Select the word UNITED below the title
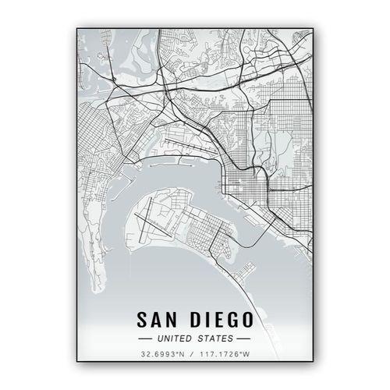tap(175, 339)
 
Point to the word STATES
tap(216, 339)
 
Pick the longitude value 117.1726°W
tap(226, 355)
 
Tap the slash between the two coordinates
tap(194, 355)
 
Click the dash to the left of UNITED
tap(145, 339)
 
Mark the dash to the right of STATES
tap(244, 339)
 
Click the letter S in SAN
tap(143, 321)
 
